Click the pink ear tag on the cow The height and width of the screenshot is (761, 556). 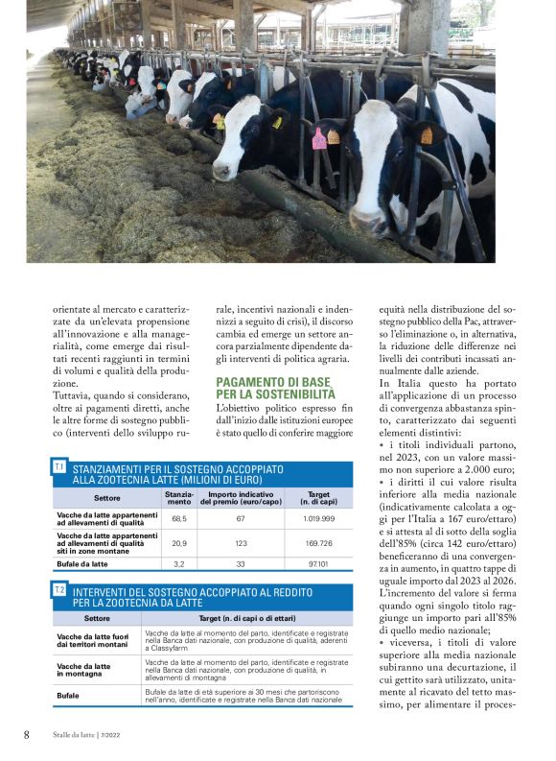click(319, 139)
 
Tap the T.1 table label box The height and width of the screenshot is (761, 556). click(59, 466)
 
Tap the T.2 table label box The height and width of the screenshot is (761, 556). click(59, 588)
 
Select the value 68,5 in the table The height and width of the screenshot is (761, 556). click(178, 518)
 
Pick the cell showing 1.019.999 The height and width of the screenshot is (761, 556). click(317, 518)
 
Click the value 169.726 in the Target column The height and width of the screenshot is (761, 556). click(317, 543)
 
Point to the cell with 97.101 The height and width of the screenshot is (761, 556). click(317, 565)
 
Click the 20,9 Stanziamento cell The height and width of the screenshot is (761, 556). click(178, 543)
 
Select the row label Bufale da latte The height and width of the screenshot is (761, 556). click(81, 565)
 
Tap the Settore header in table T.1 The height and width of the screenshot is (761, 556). click(106, 497)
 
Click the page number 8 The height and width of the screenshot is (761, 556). click(27, 734)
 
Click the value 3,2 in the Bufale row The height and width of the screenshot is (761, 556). click(178, 565)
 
